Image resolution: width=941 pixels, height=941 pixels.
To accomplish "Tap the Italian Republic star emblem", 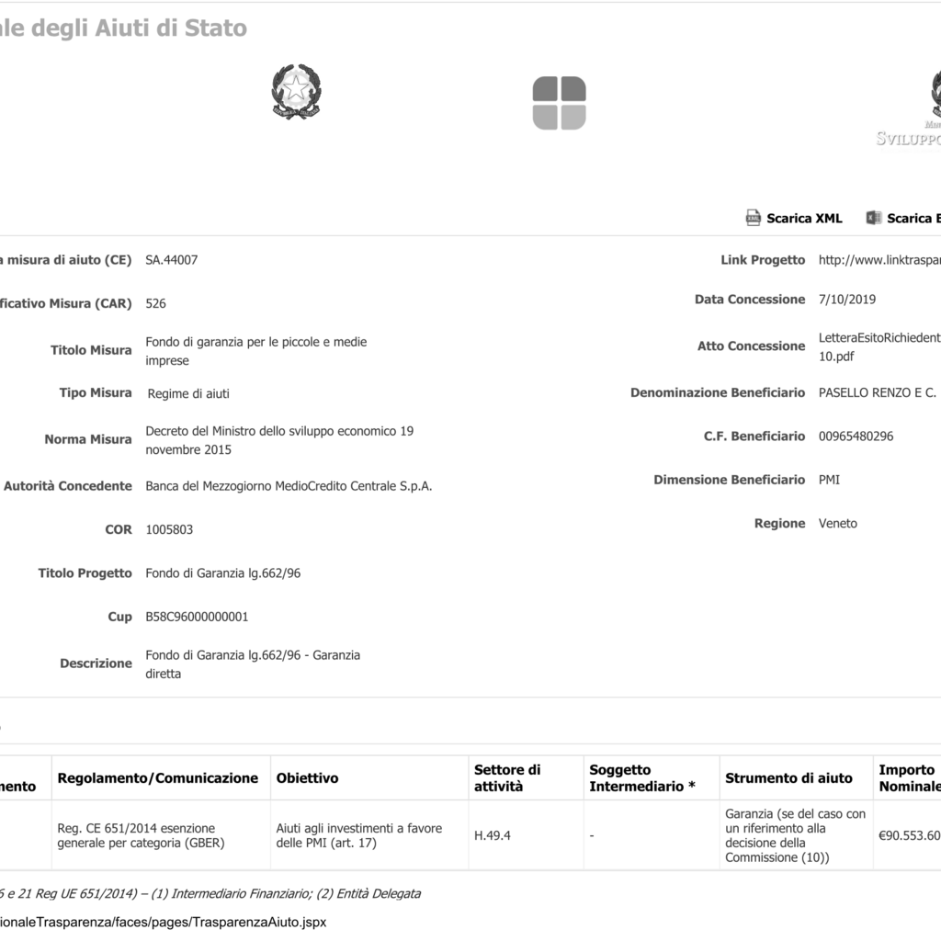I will [x=296, y=92].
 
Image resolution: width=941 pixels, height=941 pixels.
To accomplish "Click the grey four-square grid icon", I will [x=559, y=103].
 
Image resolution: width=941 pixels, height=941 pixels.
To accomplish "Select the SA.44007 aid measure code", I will [x=172, y=260].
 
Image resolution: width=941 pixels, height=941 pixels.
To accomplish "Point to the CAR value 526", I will [x=156, y=303].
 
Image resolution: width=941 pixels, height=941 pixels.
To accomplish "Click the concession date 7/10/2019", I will [x=847, y=300].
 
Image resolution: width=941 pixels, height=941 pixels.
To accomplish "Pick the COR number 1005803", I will [x=170, y=530].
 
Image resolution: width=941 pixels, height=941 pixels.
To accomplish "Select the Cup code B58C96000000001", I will [x=198, y=617].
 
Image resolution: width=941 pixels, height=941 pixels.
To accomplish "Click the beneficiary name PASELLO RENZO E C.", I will [x=878, y=393].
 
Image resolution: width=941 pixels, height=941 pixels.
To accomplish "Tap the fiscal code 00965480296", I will [x=856, y=436].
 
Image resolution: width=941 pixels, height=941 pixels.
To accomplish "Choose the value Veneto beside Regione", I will [x=838, y=524].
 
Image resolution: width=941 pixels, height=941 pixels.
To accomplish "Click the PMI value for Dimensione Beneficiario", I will [x=829, y=480].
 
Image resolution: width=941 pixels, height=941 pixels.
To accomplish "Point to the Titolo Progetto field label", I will [x=85, y=573].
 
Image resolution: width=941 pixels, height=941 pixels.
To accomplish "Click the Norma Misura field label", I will [x=88, y=439].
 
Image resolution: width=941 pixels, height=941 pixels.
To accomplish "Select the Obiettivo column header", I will [x=308, y=778].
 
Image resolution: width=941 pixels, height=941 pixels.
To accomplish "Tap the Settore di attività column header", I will [x=507, y=778].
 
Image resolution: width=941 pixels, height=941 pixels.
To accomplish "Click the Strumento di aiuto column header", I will [x=788, y=778].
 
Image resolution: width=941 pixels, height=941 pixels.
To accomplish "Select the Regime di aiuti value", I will [x=189, y=394].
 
